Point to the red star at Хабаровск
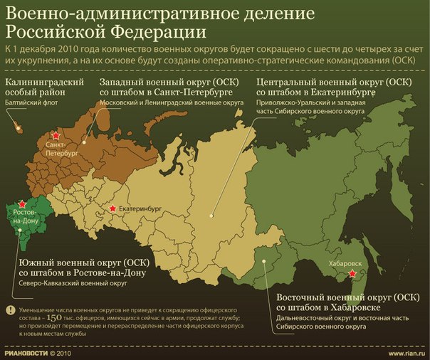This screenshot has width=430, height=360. pos(351,275)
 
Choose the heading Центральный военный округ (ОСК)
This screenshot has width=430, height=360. pos(332,83)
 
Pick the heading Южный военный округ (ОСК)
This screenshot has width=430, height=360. pos(78,263)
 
